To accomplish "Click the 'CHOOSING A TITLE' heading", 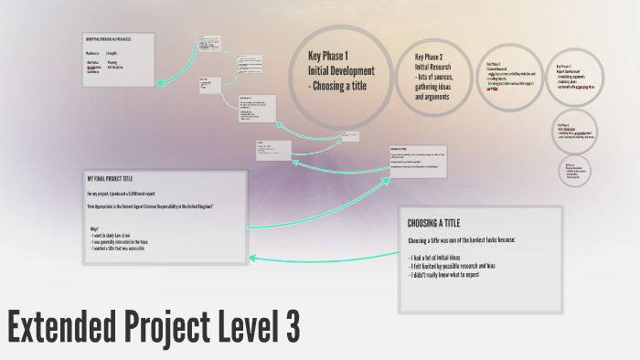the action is coord(433,222).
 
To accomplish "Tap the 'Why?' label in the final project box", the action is coord(94,227).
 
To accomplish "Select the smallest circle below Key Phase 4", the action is coord(577,170).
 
